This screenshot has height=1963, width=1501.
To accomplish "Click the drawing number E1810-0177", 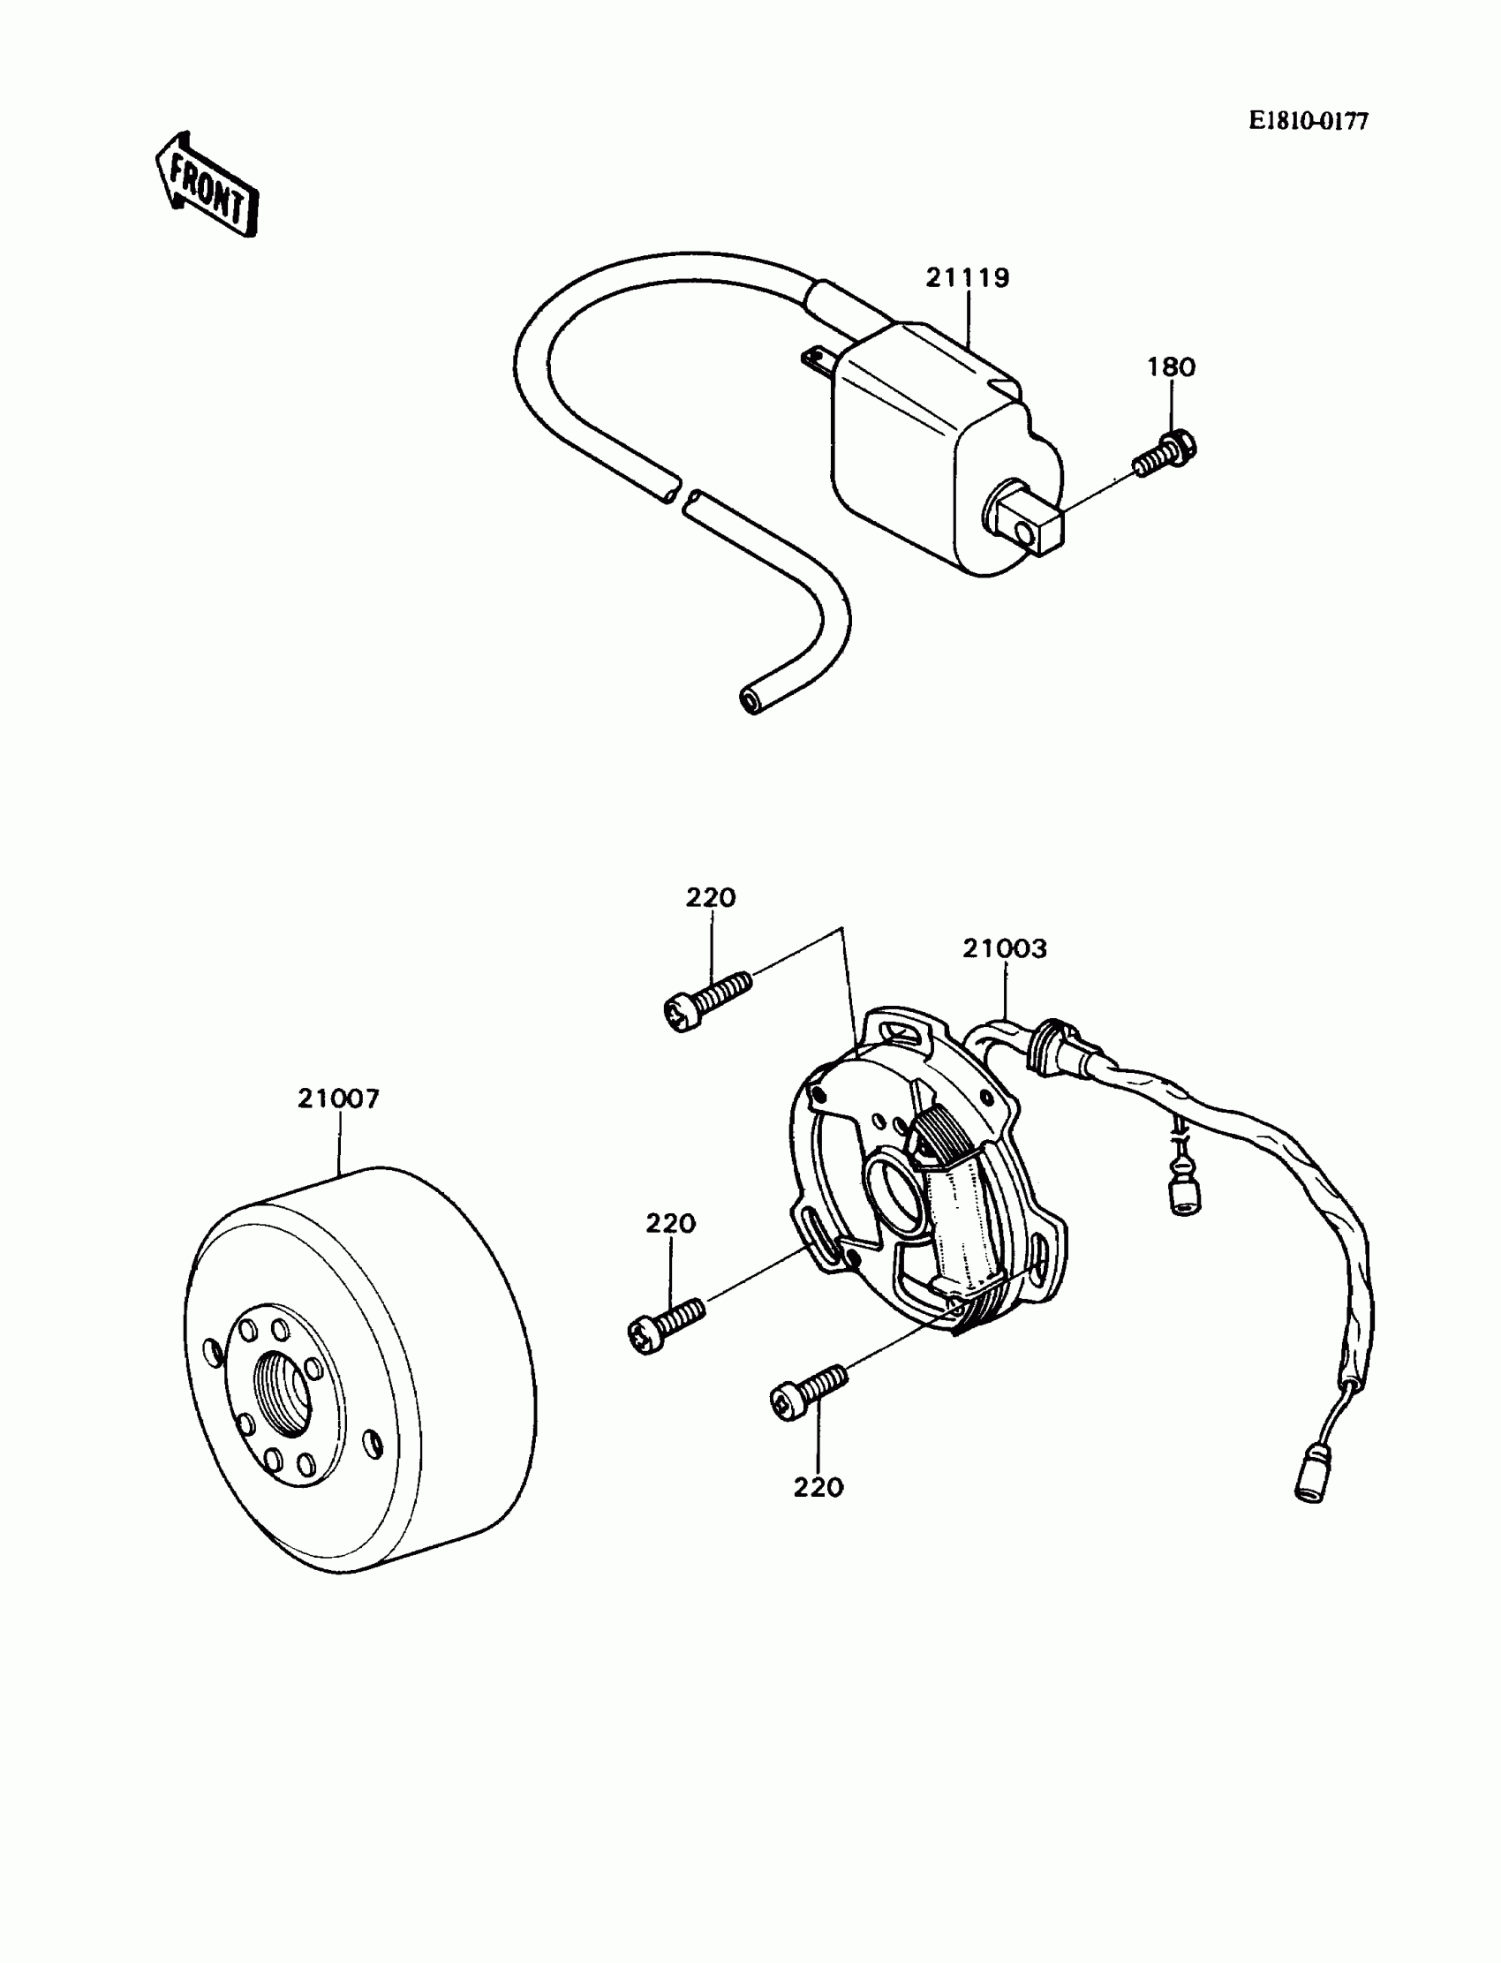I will coord(1308,121).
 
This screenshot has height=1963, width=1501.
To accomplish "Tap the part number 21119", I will coord(967,278).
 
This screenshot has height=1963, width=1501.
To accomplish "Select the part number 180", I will coord(1172,366).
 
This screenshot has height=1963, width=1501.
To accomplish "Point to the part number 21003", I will coord(1004,948).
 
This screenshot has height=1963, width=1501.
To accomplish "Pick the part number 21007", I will coord(339,1099).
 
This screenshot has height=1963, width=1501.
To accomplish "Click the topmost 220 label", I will coord(711,897).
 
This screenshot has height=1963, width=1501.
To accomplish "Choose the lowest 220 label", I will coord(818,1487).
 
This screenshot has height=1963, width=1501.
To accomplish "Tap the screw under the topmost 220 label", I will coord(707,1000).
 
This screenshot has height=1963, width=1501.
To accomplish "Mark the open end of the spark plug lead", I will coord(750,698).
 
